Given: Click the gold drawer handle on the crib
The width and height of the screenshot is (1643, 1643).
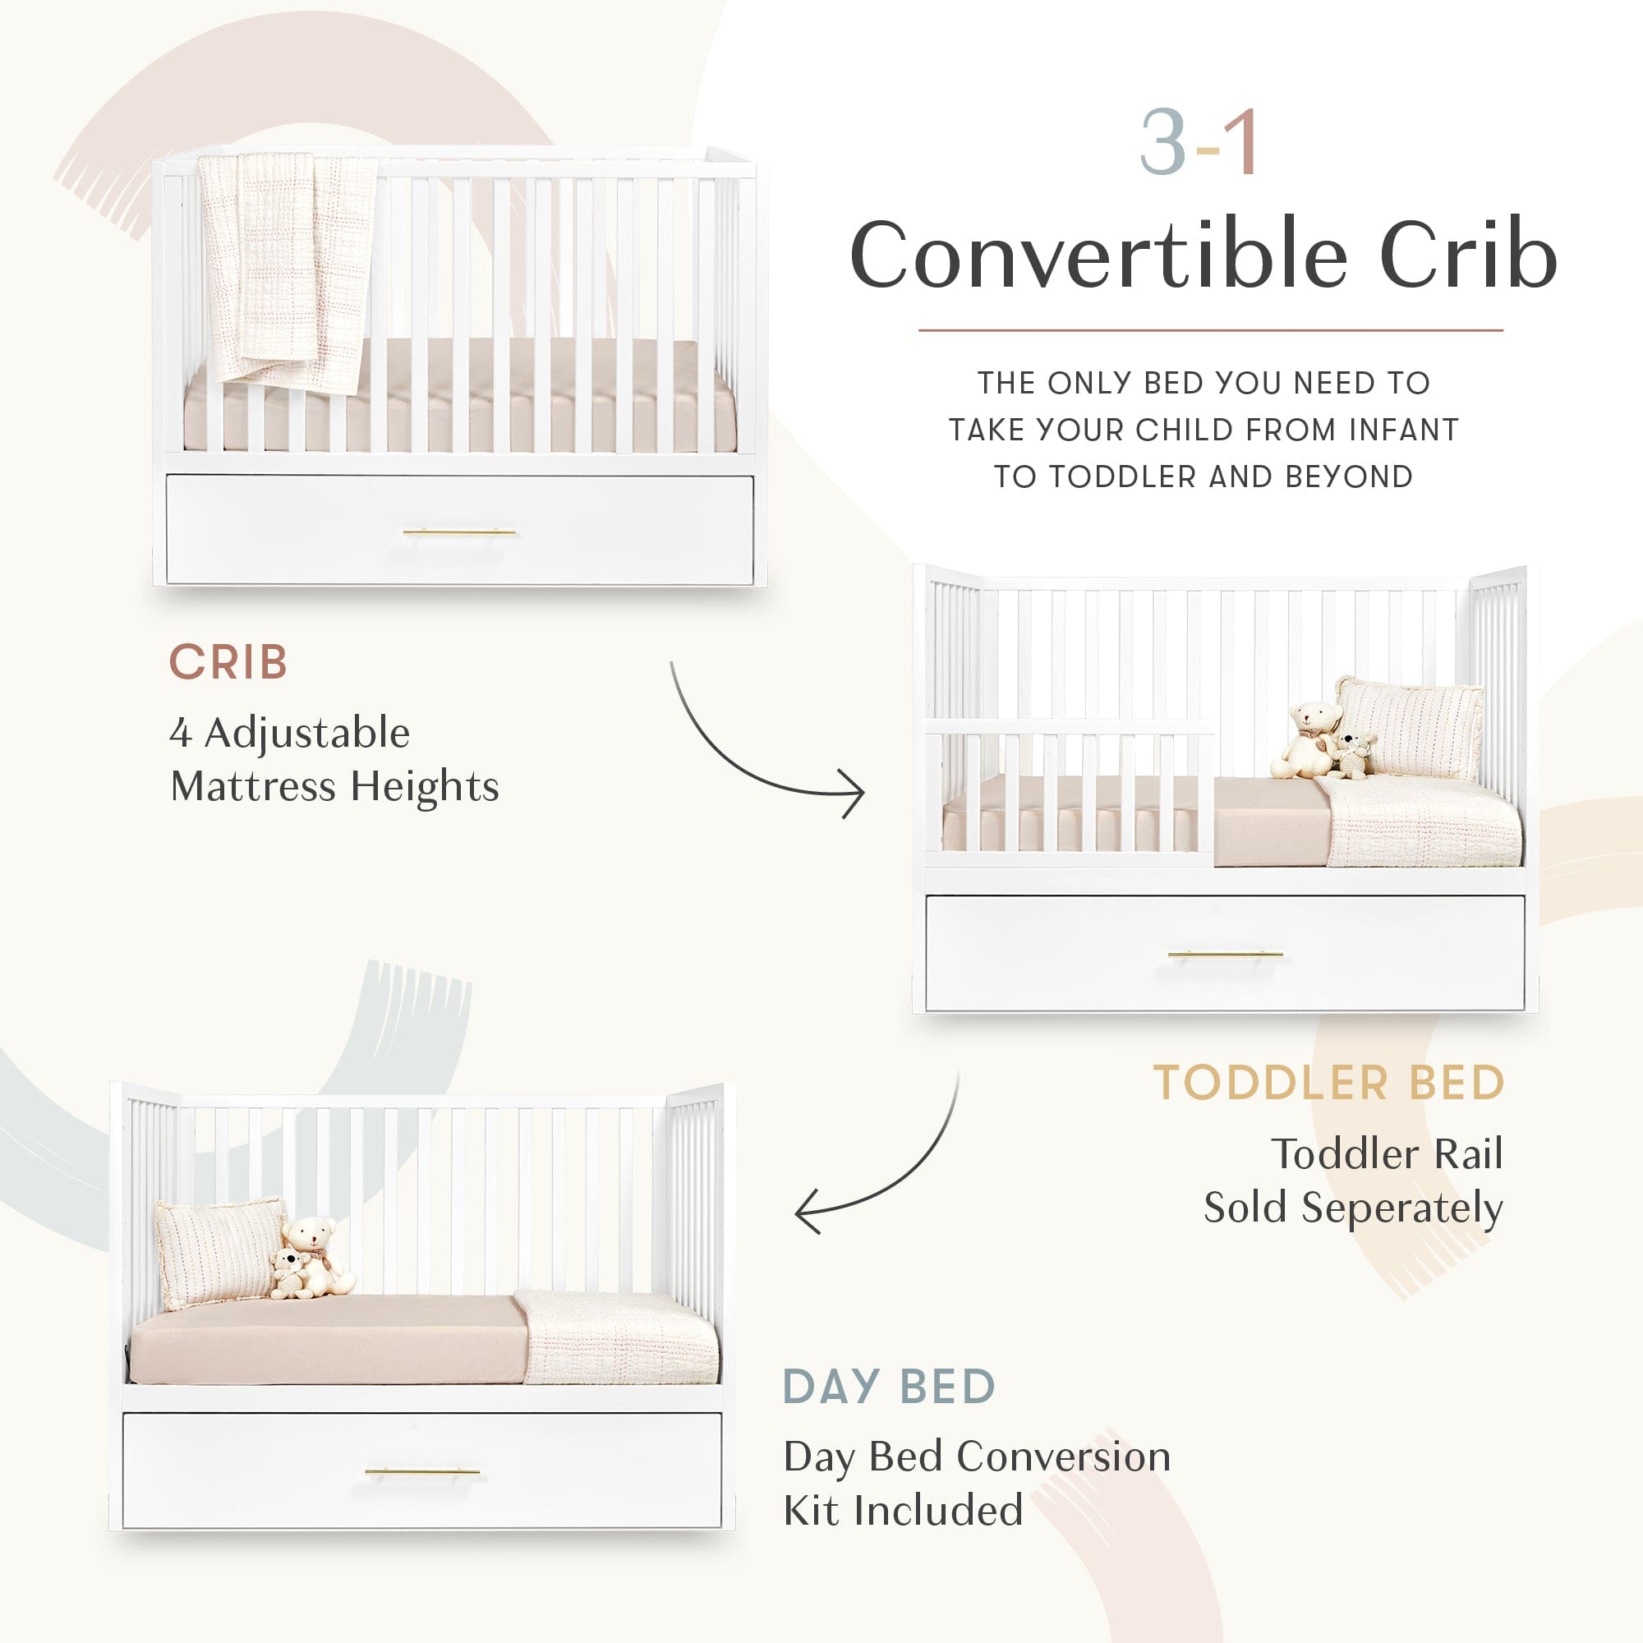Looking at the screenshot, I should click(459, 532).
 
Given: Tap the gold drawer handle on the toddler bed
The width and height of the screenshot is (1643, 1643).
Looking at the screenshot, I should click(1226, 954).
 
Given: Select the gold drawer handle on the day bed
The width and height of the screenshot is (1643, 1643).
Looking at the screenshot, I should click(422, 1471).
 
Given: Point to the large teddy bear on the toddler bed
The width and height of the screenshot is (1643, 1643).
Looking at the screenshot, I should click(1307, 739).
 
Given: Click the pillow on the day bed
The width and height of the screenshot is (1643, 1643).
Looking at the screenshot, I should click(218, 1252).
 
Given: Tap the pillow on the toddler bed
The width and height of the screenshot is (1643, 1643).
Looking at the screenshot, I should click(1410, 727).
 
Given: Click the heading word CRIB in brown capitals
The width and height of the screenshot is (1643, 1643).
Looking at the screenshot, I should click(228, 662).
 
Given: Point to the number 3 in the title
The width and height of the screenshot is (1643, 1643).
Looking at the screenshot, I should click(1162, 143).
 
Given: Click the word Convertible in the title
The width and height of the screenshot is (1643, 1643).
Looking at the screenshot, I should click(1098, 255).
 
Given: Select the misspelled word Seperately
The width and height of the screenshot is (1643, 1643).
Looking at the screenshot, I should click(1402, 1208).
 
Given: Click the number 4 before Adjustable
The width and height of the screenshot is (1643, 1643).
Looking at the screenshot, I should click(179, 733).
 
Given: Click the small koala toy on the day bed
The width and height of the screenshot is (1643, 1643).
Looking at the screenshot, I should click(289, 1273).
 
